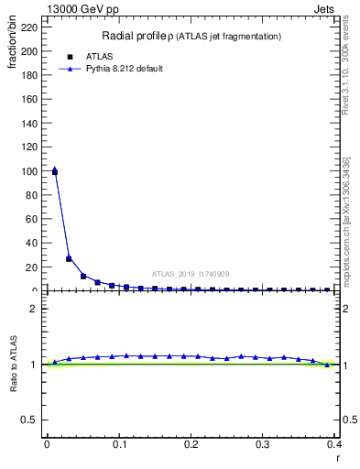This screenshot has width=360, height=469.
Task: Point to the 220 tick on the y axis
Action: click(x=30, y=27)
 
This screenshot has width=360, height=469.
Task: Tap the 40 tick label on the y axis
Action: click(x=33, y=243)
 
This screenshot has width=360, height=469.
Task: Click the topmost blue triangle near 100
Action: click(x=54, y=169)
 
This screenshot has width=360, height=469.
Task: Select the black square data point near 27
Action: click(x=69, y=258)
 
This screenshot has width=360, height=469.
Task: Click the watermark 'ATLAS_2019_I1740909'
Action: click(x=191, y=274)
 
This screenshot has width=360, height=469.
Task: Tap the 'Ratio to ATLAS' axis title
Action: click(x=13, y=363)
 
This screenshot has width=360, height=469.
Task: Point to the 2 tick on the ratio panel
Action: click(x=36, y=309)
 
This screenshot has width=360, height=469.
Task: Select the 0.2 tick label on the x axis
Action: click(x=191, y=444)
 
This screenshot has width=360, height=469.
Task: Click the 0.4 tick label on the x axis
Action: click(x=335, y=444)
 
